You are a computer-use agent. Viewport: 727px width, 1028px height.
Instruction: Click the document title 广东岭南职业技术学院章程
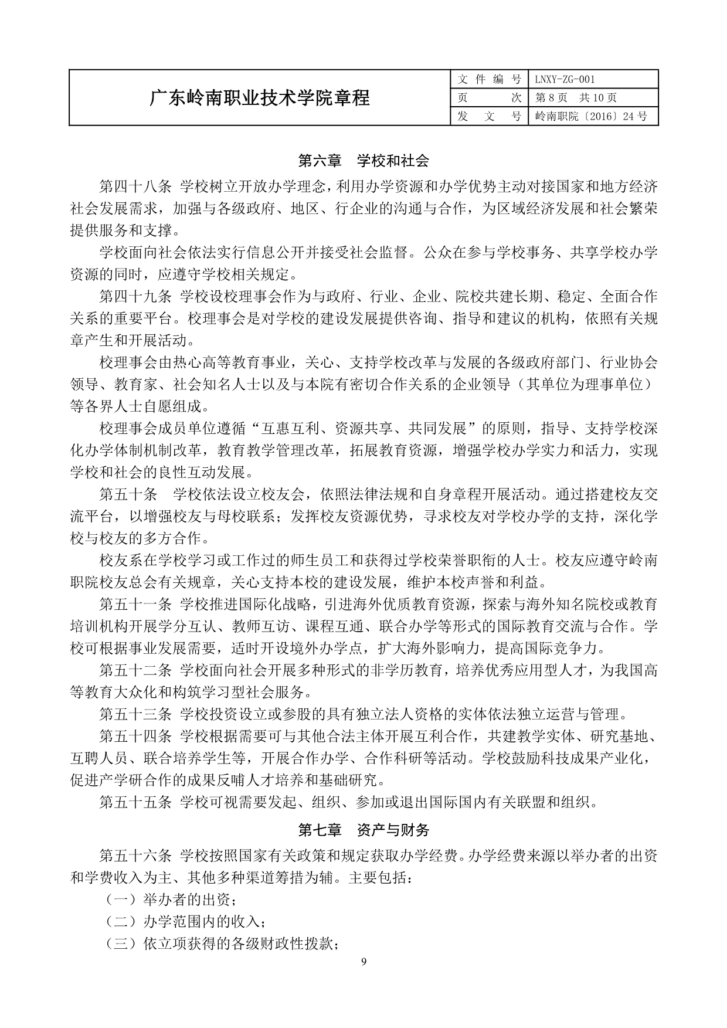pos(260,98)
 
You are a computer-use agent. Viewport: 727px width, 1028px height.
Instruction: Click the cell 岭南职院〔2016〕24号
pos(591,116)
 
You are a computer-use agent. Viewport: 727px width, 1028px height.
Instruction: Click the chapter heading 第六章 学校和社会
pos(363,160)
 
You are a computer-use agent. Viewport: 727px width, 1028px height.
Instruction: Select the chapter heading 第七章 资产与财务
pos(363,830)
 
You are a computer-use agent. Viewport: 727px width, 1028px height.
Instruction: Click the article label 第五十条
pos(128,494)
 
